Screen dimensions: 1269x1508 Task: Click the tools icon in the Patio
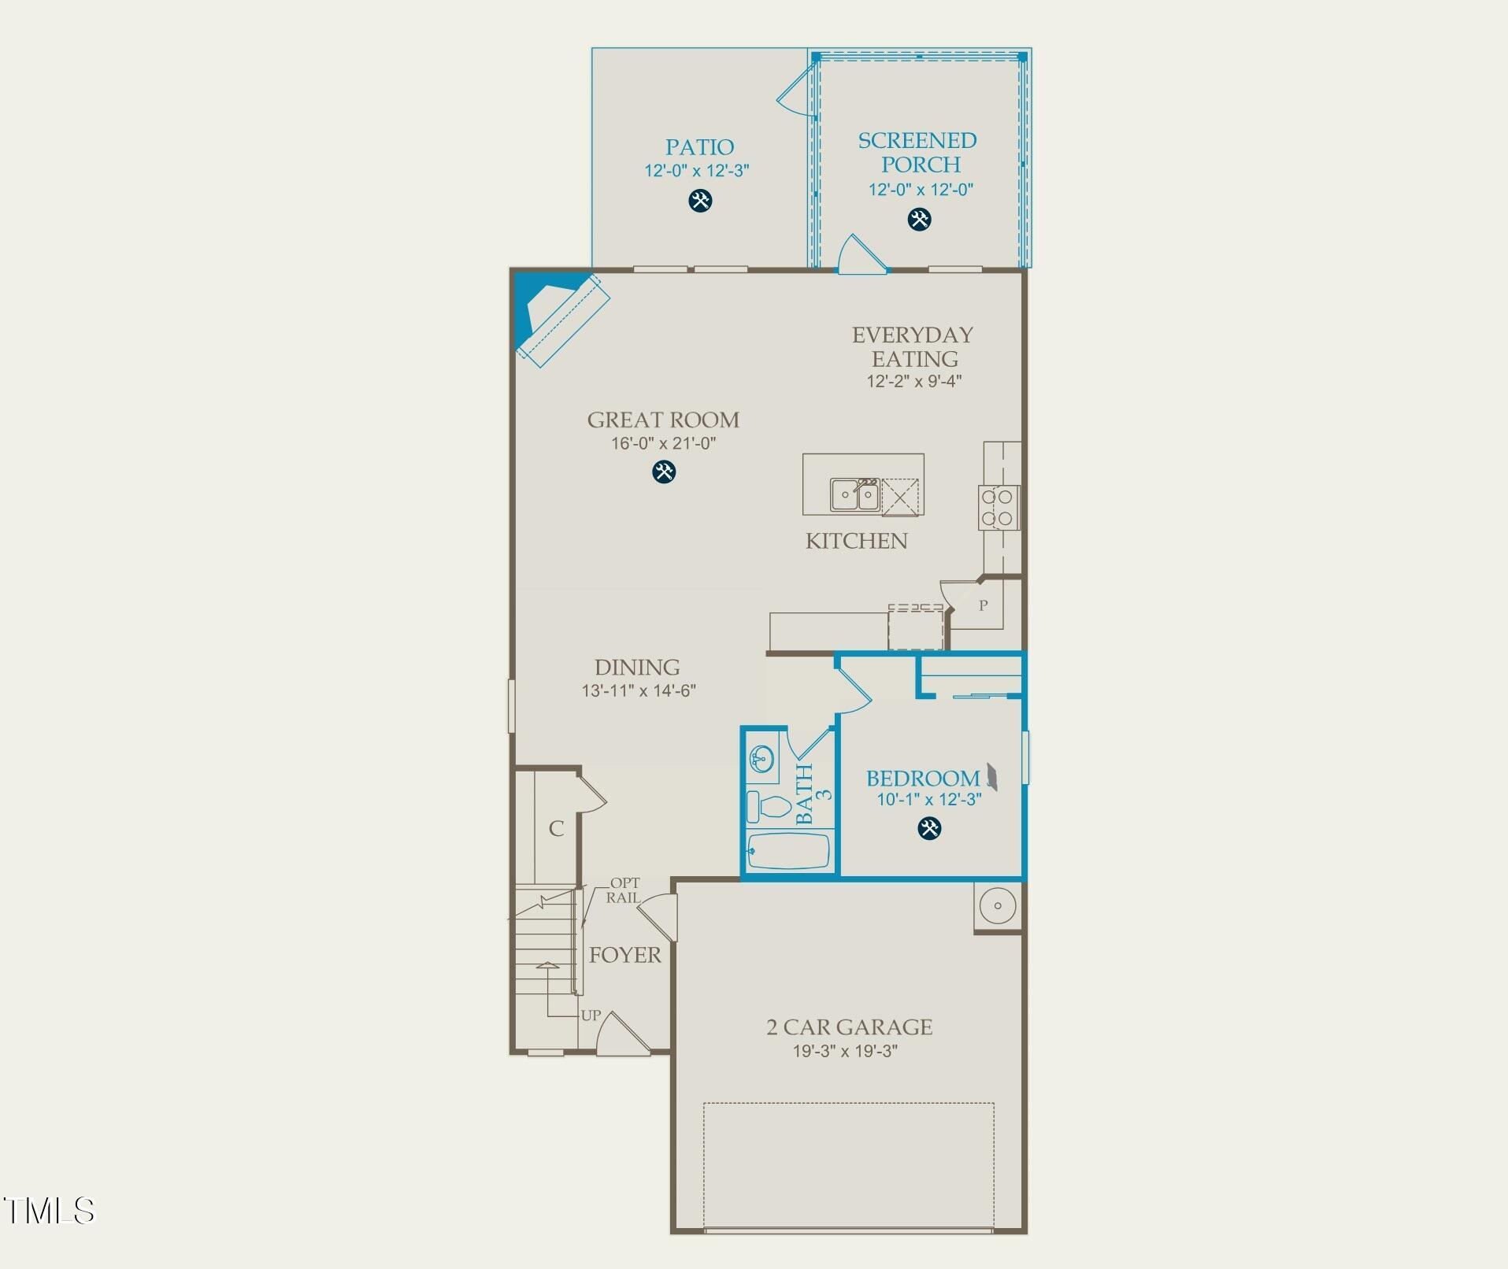click(x=700, y=200)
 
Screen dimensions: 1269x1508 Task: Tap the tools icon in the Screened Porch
click(x=919, y=219)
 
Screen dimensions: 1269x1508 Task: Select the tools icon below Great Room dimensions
click(x=664, y=472)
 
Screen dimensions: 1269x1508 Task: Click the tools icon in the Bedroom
click(x=929, y=828)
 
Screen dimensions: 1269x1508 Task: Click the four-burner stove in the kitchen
click(x=998, y=508)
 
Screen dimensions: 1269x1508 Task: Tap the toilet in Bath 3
click(x=769, y=807)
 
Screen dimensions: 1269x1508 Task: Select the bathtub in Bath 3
click(x=789, y=852)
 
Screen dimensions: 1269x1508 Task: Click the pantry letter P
click(x=983, y=606)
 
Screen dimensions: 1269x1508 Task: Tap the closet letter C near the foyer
click(x=556, y=828)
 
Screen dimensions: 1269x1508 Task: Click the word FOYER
click(x=625, y=955)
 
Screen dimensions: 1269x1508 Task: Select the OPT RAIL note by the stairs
click(x=624, y=890)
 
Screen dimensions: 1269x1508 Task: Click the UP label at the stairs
click(x=591, y=1016)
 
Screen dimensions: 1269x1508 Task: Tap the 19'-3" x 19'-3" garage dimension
click(x=845, y=1051)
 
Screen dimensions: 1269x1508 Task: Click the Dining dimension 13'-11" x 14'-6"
click(x=639, y=690)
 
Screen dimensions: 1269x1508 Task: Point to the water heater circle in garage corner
click(x=998, y=906)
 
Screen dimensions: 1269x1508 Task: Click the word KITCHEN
click(x=856, y=541)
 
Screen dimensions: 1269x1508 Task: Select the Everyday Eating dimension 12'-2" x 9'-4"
click(x=913, y=381)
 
